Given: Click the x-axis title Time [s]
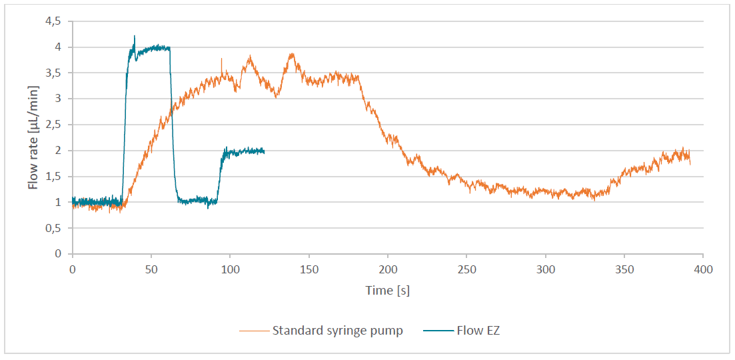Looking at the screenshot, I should click(x=387, y=291).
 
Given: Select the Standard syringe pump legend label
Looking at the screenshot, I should click(x=337, y=331).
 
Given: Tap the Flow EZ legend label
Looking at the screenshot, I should click(x=478, y=331).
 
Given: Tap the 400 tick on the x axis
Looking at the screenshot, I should click(x=703, y=269).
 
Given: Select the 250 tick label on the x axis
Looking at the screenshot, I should click(x=466, y=269).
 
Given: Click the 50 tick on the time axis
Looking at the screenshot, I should click(x=151, y=269).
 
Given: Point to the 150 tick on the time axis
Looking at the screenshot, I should click(x=309, y=269).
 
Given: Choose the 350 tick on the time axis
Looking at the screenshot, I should click(x=624, y=269).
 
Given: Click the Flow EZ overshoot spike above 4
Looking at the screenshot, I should click(x=135, y=37).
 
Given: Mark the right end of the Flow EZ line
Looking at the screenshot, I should click(x=264, y=152).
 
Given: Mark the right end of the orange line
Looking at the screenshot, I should click(x=690, y=163).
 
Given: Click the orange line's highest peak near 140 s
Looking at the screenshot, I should click(x=291, y=54).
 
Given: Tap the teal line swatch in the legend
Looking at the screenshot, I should click(x=438, y=331).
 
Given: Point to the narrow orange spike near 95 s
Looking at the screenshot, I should click(x=221, y=59).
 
